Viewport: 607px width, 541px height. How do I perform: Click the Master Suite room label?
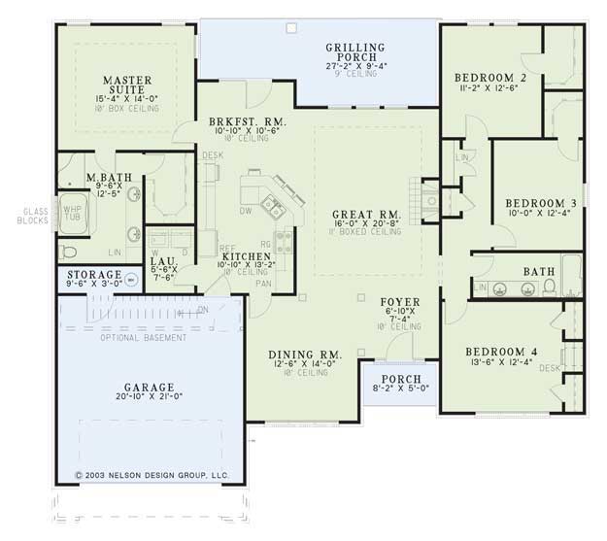(x=125, y=82)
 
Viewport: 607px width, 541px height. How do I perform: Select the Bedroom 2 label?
(x=489, y=77)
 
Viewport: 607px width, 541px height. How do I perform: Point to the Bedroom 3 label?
(x=539, y=203)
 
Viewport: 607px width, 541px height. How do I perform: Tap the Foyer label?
(x=399, y=302)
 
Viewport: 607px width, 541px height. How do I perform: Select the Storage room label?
(x=93, y=276)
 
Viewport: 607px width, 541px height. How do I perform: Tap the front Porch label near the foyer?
(x=399, y=379)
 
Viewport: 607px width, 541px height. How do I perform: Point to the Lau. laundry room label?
(x=162, y=261)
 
